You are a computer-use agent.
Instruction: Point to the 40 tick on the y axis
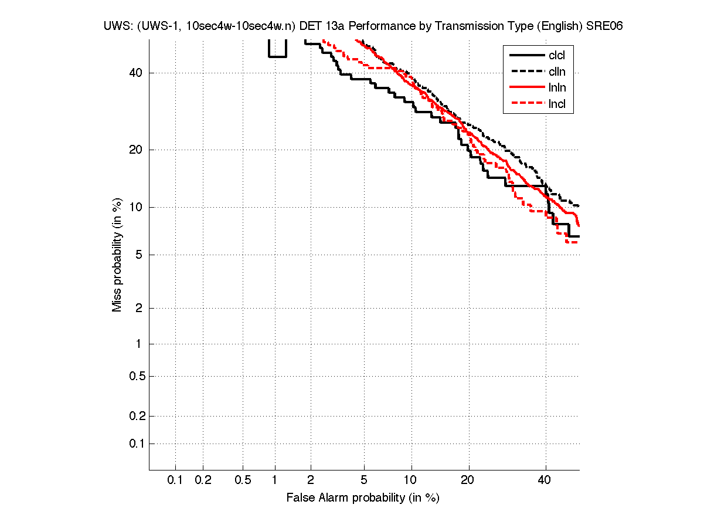(135, 73)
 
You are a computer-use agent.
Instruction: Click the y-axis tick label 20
(135, 150)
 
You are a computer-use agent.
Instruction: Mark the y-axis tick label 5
(139, 255)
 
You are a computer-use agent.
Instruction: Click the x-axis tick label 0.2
(203, 480)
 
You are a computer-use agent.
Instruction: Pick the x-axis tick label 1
(274, 480)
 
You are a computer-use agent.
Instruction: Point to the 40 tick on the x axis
(545, 480)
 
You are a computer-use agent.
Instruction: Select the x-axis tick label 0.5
(243, 480)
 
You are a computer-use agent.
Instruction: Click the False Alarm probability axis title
(363, 498)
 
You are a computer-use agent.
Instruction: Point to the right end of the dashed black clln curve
(579, 206)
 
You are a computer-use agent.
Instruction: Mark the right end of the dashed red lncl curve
(578, 242)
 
